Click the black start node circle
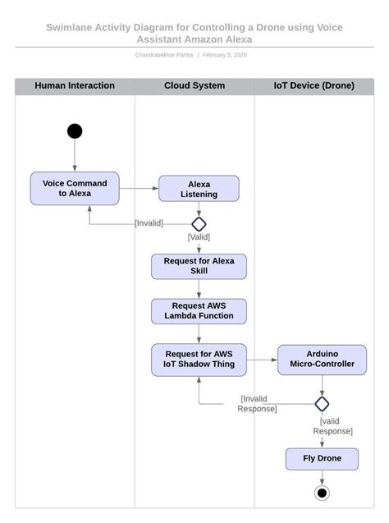pyautogui.click(x=75, y=131)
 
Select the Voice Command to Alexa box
pyautogui.click(x=75, y=188)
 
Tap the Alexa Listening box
pyautogui.click(x=199, y=189)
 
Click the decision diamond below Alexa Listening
pyautogui.click(x=199, y=223)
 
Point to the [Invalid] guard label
pyautogui.click(x=149, y=223)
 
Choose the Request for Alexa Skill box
pyautogui.click(x=199, y=266)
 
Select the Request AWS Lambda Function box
pyautogui.click(x=199, y=310)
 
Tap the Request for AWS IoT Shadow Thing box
pyautogui.click(x=199, y=359)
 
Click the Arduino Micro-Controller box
pyautogui.click(x=322, y=359)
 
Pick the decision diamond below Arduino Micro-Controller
pyautogui.click(x=322, y=403)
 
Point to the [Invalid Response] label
pyautogui.click(x=258, y=403)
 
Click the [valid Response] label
pyautogui.click(x=332, y=425)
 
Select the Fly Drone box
pyautogui.click(x=322, y=458)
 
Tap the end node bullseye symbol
pyautogui.click(x=322, y=493)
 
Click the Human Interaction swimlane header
pyautogui.click(x=75, y=85)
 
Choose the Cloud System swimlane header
pyautogui.click(x=194, y=85)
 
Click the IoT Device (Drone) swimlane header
pyautogui.click(x=314, y=85)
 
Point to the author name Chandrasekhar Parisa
pyautogui.click(x=163, y=55)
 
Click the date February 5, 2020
pyautogui.click(x=224, y=55)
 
